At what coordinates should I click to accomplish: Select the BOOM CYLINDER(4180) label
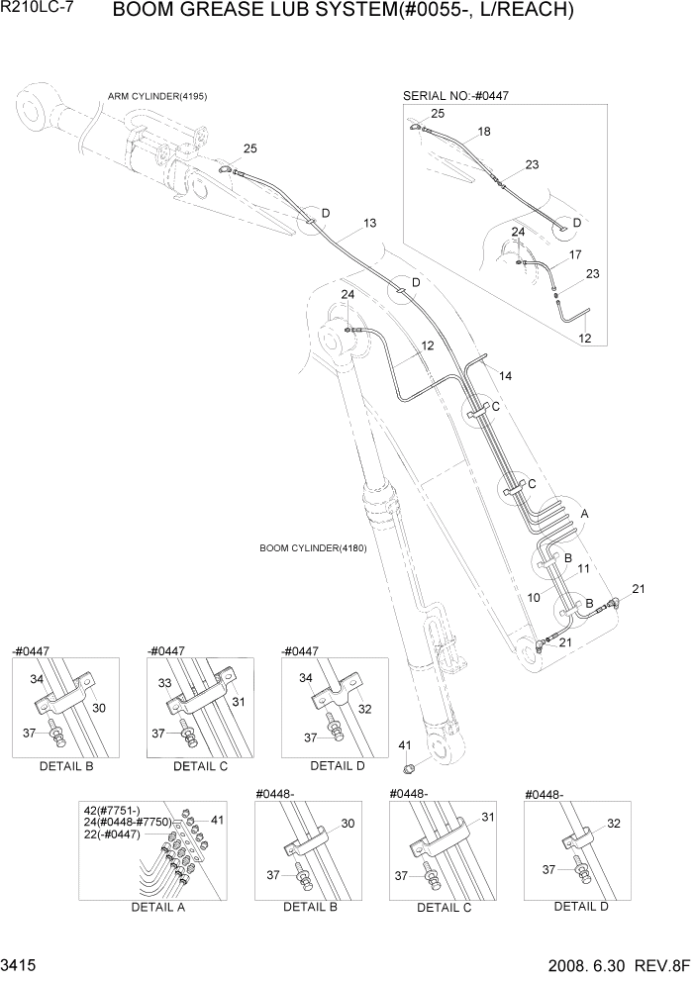(x=313, y=547)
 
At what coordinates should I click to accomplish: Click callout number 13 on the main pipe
(x=369, y=224)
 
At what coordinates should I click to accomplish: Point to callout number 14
(x=505, y=375)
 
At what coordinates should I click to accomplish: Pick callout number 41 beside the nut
(x=404, y=744)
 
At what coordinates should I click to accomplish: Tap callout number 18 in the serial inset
(x=483, y=131)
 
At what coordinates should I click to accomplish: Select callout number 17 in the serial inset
(x=574, y=254)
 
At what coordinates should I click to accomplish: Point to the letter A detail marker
(x=585, y=514)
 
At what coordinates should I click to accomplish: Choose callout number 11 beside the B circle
(x=583, y=568)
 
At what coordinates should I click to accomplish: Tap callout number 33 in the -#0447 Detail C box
(x=165, y=683)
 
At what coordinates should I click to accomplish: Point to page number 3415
(x=17, y=963)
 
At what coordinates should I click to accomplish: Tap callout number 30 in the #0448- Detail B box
(x=347, y=823)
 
